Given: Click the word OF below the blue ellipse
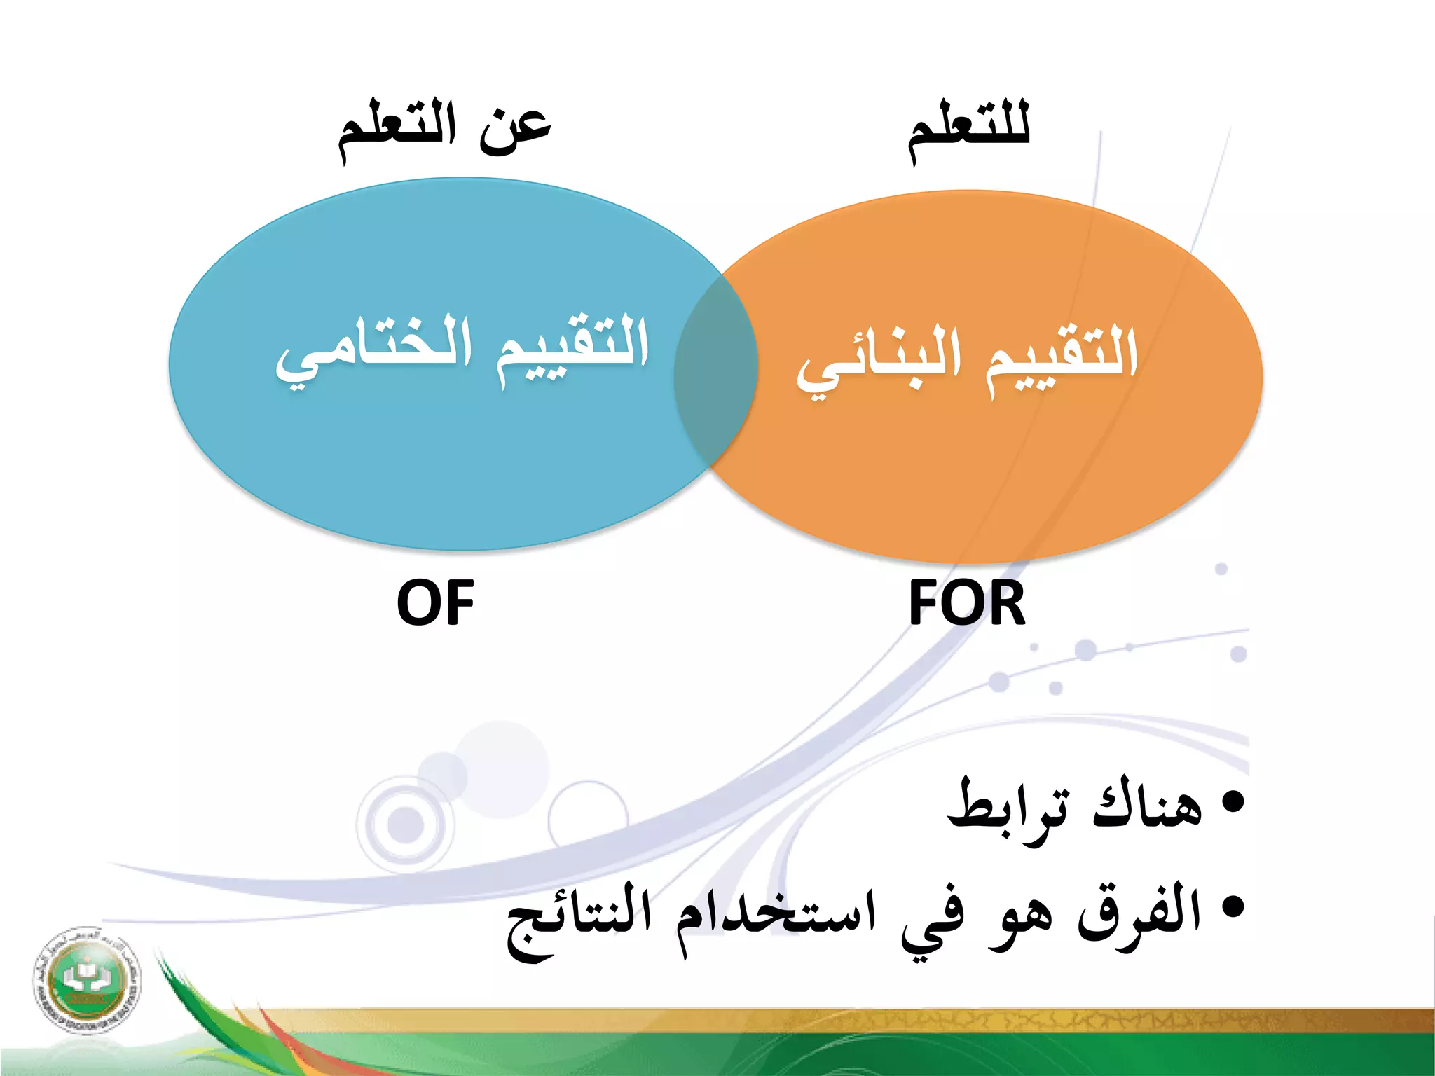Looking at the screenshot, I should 435,603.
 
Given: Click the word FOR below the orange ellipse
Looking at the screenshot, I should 966,603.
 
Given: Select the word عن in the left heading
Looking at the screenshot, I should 516,132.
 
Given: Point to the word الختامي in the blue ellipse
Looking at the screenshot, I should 373,350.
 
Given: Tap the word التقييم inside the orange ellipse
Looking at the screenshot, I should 1062,359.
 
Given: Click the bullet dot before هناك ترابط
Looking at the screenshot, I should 1233,801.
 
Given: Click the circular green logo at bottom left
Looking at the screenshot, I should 85,979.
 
